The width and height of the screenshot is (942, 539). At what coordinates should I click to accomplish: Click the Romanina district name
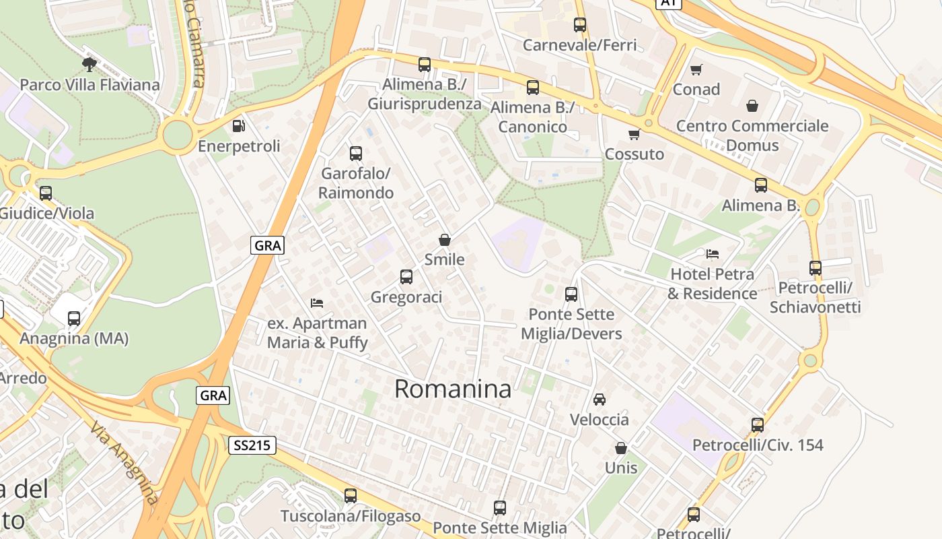point(452,389)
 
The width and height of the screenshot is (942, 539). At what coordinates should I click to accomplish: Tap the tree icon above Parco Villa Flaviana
point(89,65)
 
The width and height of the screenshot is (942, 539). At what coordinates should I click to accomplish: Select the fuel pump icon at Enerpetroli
point(238,126)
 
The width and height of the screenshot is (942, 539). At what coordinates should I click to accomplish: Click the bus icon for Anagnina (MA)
point(74,319)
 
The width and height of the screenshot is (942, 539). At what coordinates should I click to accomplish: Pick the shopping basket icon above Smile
point(444,240)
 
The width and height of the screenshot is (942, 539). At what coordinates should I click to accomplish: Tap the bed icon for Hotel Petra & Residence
point(713,254)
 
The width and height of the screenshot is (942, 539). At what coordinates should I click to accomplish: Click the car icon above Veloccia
point(599,400)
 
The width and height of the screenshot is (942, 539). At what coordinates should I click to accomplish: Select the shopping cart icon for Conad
point(696,69)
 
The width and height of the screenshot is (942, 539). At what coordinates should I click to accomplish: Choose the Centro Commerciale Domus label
point(752,135)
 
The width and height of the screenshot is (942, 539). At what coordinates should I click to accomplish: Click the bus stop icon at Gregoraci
point(406,277)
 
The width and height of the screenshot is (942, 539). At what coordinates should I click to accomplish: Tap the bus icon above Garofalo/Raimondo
point(356,154)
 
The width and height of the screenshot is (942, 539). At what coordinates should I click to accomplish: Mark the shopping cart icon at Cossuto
point(634,135)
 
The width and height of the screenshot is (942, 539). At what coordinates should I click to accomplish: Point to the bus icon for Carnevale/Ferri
point(580,25)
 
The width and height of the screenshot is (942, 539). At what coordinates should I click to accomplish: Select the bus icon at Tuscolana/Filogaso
point(350,496)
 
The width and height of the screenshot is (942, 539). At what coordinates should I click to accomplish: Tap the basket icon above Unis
point(620,448)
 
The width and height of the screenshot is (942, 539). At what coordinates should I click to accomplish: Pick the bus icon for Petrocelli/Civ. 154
point(758,425)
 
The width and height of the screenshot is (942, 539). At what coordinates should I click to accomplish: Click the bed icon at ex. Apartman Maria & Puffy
point(317,303)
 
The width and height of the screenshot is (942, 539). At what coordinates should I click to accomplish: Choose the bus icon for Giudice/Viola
point(46,193)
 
